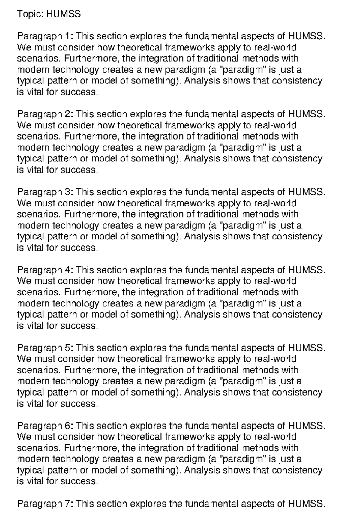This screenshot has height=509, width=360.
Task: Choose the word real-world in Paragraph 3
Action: coord(275,203)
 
